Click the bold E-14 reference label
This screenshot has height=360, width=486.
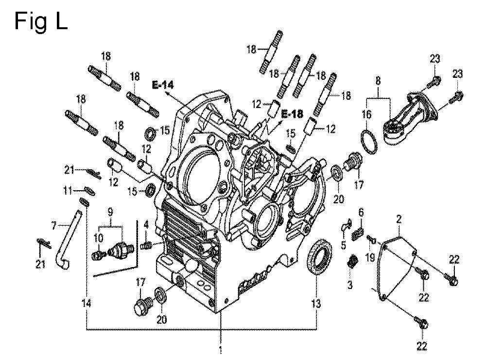[x=163, y=85]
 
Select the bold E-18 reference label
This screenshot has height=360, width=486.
[x=292, y=114]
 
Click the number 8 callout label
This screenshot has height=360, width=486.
[x=378, y=81]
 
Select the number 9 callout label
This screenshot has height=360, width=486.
[x=110, y=212]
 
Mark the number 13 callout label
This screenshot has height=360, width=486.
[x=316, y=303]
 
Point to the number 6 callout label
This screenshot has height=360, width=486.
[x=361, y=213]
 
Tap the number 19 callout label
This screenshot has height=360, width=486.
[x=370, y=257]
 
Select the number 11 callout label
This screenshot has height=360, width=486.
[x=68, y=190]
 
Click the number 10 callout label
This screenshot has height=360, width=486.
[x=98, y=238]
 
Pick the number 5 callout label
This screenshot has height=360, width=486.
[x=344, y=245]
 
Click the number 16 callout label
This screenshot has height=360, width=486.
[x=366, y=114]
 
